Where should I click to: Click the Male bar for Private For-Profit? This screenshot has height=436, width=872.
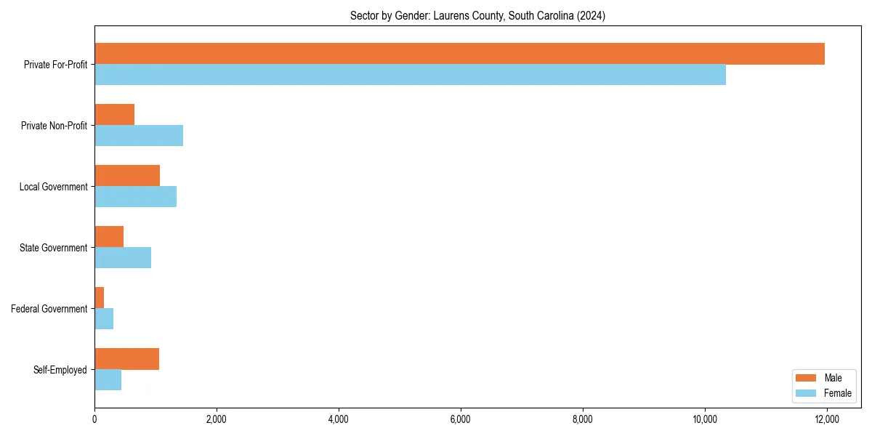pyautogui.click(x=459, y=54)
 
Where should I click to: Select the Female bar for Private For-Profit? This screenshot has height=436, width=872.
pyautogui.click(x=410, y=75)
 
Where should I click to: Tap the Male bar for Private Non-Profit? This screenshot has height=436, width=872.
pyautogui.click(x=114, y=115)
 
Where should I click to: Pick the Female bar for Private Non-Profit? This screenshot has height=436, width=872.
pyautogui.click(x=139, y=136)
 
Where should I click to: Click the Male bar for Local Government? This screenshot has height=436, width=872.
pyautogui.click(x=127, y=176)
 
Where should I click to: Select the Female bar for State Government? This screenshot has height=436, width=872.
pyautogui.click(x=123, y=258)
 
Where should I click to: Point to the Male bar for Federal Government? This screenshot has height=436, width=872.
pyautogui.click(x=100, y=298)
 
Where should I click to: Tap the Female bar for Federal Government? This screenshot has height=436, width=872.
pyautogui.click(x=104, y=319)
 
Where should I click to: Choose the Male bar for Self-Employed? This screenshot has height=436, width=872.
pyautogui.click(x=126, y=359)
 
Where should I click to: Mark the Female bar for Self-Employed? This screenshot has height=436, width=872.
pyautogui.click(x=108, y=380)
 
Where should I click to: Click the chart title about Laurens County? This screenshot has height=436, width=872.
pyautogui.click(x=477, y=15)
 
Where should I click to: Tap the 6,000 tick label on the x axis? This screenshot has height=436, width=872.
pyautogui.click(x=461, y=419)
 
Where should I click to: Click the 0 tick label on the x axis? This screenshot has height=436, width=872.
pyautogui.click(x=94, y=419)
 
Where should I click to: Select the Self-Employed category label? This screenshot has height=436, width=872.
pyautogui.click(x=60, y=370)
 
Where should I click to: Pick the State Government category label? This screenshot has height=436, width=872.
pyautogui.click(x=53, y=248)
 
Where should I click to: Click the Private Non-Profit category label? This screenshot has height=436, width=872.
pyautogui.click(x=54, y=126)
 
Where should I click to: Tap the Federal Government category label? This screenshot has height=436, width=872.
pyautogui.click(x=49, y=309)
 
